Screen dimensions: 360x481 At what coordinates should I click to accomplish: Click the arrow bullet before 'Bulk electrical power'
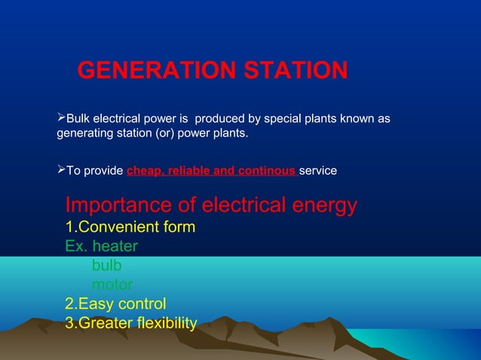click(62, 119)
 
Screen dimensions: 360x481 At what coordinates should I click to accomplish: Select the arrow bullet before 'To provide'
click(62, 171)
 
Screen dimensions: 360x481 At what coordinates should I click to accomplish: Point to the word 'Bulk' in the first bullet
click(79, 119)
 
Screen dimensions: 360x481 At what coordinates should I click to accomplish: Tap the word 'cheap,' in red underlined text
click(146, 171)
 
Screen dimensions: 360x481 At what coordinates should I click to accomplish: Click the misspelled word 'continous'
click(267, 171)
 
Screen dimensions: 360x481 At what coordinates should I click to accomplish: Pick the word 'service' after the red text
click(318, 171)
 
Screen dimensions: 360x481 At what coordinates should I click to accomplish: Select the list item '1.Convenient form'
click(130, 227)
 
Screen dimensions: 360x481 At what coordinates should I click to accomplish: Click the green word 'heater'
click(115, 246)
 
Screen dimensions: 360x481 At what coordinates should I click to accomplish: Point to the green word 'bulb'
click(106, 266)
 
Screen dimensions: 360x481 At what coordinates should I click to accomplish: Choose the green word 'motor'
click(112, 285)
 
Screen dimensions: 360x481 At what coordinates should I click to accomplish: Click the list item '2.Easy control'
click(116, 304)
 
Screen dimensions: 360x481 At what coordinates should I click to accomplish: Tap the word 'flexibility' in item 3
click(160, 324)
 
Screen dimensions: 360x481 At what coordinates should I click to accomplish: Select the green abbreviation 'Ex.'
click(76, 246)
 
